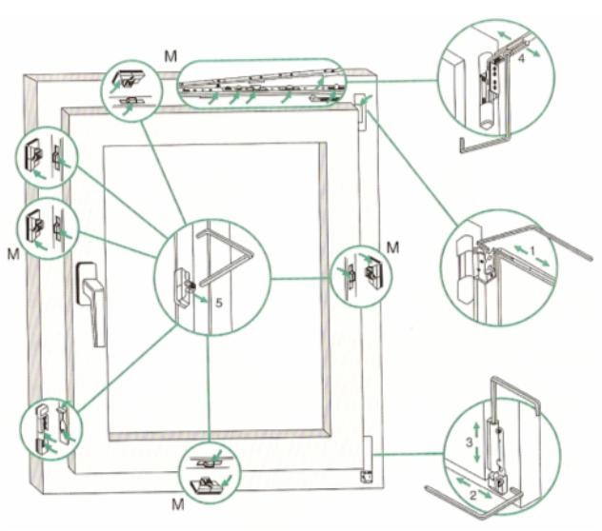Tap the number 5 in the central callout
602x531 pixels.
point(219,303)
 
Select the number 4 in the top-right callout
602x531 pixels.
point(521,59)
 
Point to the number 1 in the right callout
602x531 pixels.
point(532,251)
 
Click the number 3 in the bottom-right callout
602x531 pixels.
point(470,442)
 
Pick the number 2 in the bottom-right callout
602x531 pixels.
point(473,495)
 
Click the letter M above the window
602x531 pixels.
point(171,56)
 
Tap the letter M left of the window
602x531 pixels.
point(13,254)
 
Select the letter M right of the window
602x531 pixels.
point(392,247)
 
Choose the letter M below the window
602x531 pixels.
point(178,504)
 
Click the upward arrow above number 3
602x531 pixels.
point(476,429)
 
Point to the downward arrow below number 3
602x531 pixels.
point(477,455)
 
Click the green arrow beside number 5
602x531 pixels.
point(201,298)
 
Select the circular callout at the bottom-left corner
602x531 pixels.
point(51,429)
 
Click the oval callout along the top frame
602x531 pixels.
point(262,84)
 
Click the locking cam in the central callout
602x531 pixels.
point(184,286)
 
